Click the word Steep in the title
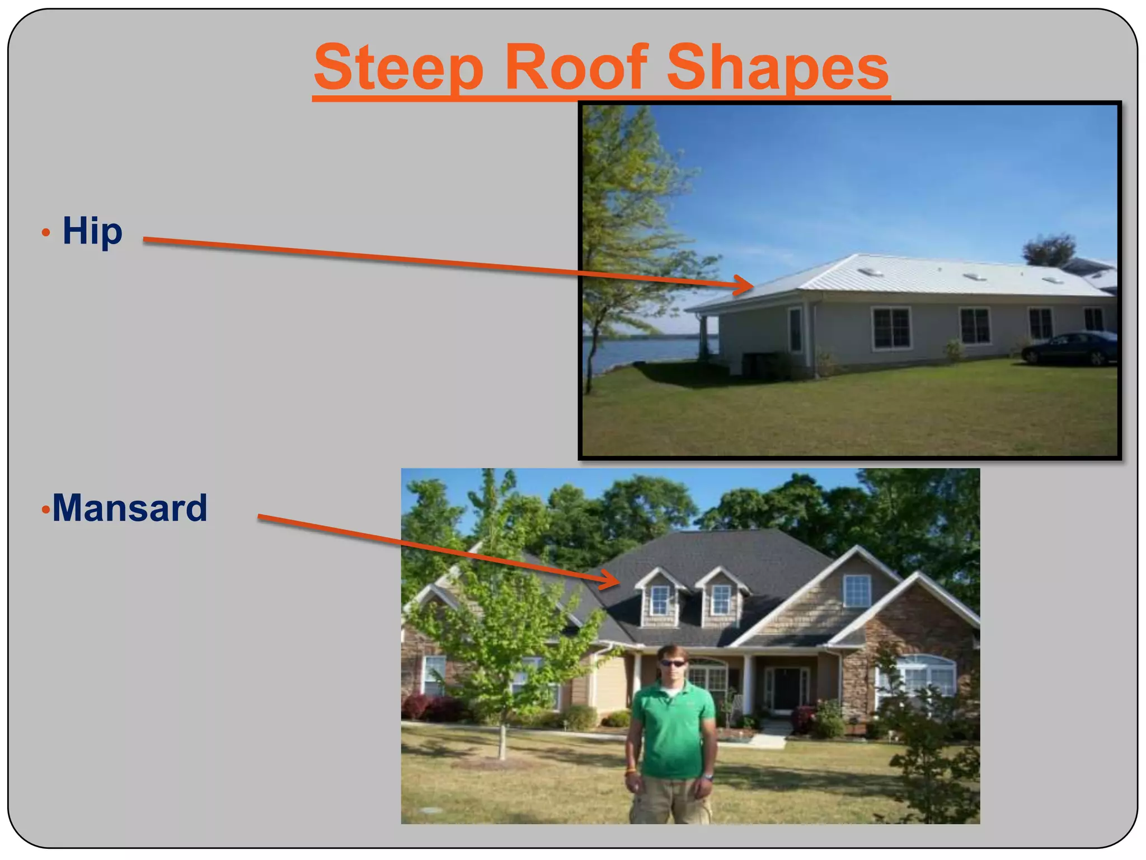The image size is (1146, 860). (x=398, y=68)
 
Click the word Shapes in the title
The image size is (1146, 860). (x=777, y=68)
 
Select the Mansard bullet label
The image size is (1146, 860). (x=130, y=508)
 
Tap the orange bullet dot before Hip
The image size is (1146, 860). (x=46, y=232)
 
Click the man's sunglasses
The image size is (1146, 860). (x=672, y=663)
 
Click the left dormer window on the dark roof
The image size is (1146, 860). (x=660, y=600)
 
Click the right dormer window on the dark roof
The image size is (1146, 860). (x=721, y=599)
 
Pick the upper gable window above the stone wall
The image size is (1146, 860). (x=857, y=591)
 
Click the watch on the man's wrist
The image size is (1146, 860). (x=708, y=777)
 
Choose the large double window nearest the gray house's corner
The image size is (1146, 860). (x=891, y=328)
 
